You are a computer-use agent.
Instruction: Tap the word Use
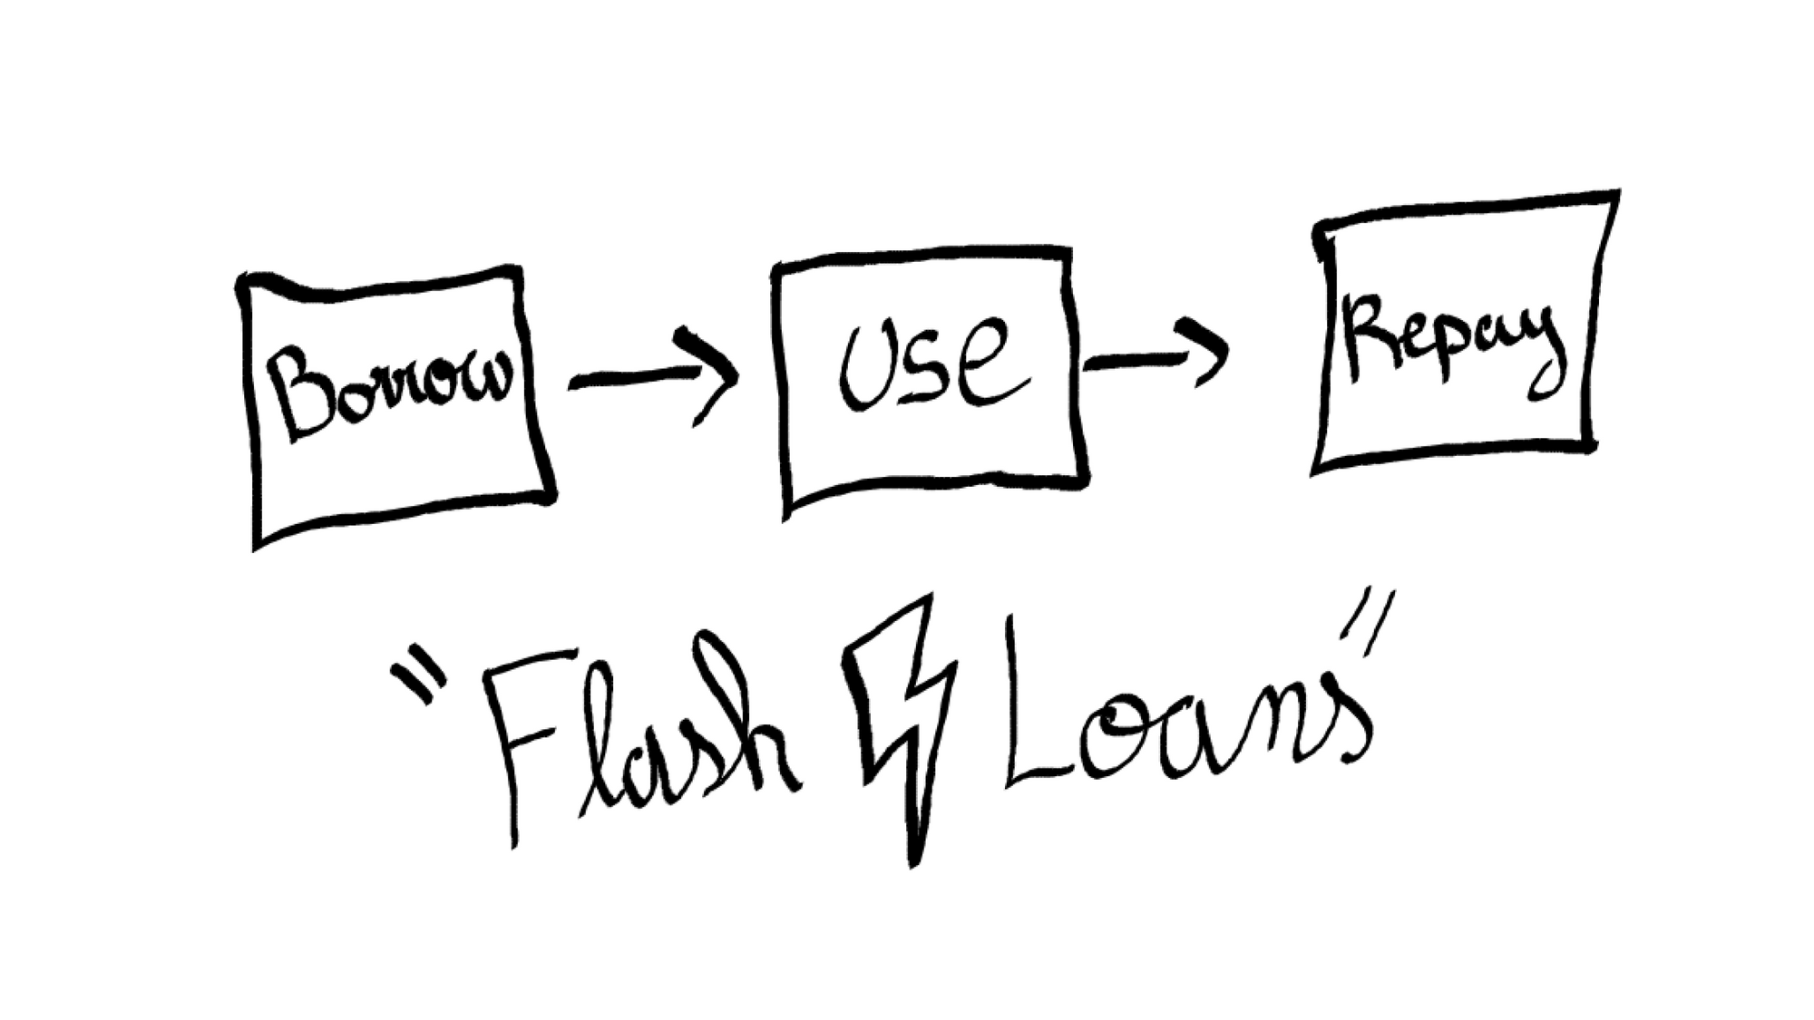pyautogui.click(x=933, y=364)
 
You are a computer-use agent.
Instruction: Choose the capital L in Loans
pyautogui.click(x=1052, y=707)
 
